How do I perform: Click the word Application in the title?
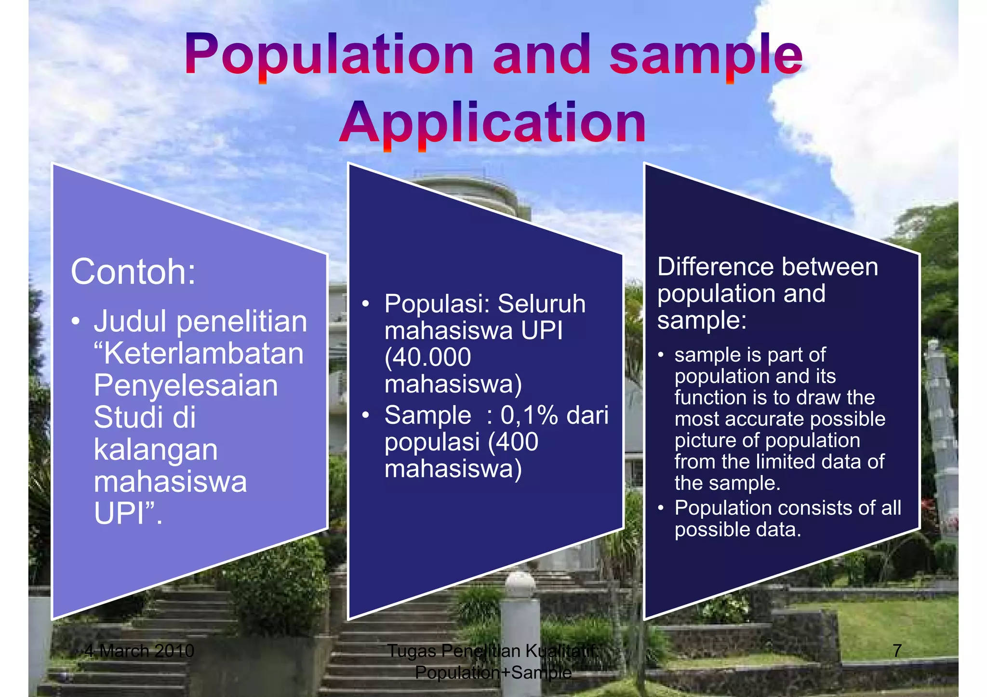(492, 124)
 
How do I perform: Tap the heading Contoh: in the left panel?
(133, 272)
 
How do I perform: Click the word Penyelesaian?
(186, 386)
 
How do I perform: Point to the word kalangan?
(155, 450)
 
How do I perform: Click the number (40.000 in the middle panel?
(427, 357)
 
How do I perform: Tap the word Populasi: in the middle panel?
(437, 304)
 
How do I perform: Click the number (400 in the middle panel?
(513, 442)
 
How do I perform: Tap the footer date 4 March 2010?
(139, 651)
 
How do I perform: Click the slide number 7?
(897, 651)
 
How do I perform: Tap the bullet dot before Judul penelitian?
(75, 322)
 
